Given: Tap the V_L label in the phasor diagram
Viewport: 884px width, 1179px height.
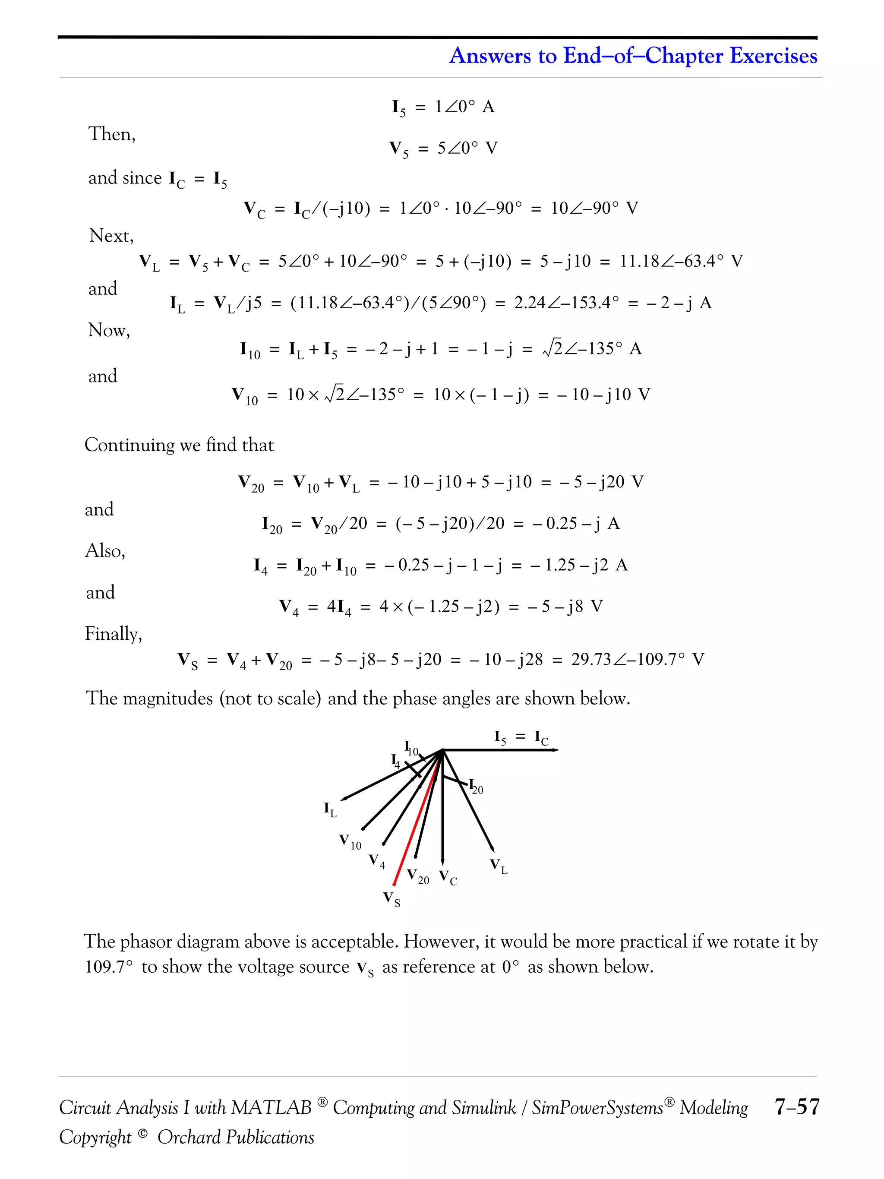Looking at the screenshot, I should pyautogui.click(x=499, y=866).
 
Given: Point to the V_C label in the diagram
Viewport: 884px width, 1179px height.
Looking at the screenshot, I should pyautogui.click(x=448, y=877).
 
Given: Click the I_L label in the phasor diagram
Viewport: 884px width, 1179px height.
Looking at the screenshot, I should pyautogui.click(x=330, y=809).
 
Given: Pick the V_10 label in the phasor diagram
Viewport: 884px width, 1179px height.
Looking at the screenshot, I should pyautogui.click(x=350, y=841).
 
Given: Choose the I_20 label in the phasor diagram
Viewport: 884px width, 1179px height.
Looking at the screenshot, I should pyautogui.click(x=476, y=787).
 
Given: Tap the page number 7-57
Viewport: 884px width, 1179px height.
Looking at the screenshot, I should pyautogui.click(x=797, y=1107).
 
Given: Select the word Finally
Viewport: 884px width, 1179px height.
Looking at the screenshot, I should pyautogui.click(x=114, y=634).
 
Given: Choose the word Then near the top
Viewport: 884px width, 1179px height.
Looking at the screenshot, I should pyautogui.click(x=111, y=134).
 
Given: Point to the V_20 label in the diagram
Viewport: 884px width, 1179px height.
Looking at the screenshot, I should pyautogui.click(x=418, y=876).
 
